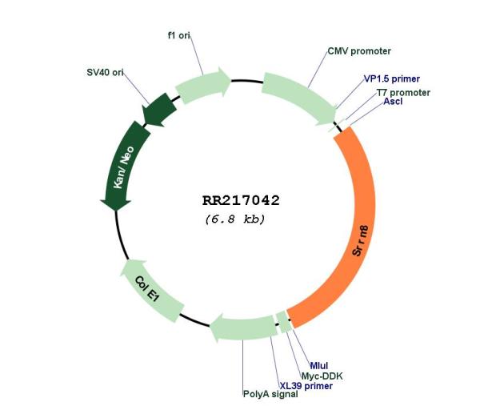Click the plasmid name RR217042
tap(241, 201)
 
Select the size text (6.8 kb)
tap(234, 219)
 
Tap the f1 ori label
tap(179, 35)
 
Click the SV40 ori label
tap(105, 72)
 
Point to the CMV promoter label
tap(359, 51)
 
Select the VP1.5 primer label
tap(391, 78)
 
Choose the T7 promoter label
tap(403, 92)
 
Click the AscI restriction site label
tap(393, 101)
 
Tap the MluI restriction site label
tap(318, 365)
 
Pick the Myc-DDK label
tap(322, 376)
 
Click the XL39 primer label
tap(306, 386)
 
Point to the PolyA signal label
tap(270, 394)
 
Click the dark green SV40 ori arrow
tap(159, 111)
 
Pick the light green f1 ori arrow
tap(203, 84)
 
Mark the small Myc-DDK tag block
tap(284, 322)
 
